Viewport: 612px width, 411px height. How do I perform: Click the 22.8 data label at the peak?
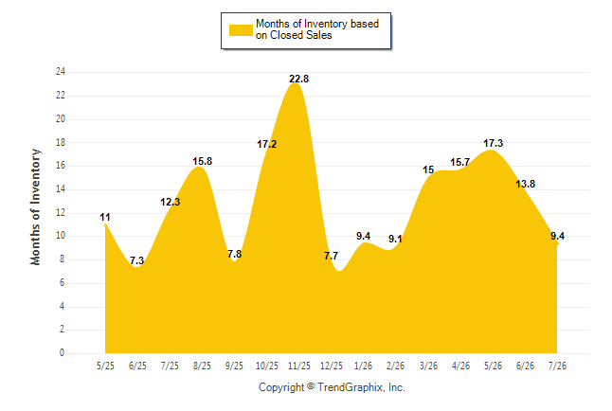point(298,79)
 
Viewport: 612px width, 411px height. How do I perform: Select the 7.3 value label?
point(136,260)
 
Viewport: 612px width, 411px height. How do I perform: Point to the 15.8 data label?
point(202,161)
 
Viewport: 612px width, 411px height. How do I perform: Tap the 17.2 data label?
point(266,144)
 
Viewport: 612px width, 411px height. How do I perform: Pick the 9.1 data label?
point(395,239)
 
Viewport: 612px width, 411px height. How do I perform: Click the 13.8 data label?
point(525,184)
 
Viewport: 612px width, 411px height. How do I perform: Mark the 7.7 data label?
point(331,256)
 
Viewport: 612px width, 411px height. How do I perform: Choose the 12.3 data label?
point(171,202)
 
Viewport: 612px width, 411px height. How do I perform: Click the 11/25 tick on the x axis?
point(299,366)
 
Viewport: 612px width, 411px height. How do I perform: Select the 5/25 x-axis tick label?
point(105,366)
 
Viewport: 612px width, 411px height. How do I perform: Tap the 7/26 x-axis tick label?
point(557,366)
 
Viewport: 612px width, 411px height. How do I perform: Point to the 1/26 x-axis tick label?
point(364,366)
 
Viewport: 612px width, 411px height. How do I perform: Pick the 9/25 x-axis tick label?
point(234,366)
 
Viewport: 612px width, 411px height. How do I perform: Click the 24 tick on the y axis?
point(61,72)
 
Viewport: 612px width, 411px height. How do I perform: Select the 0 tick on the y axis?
point(62,353)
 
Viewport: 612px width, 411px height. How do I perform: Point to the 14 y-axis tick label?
point(61,189)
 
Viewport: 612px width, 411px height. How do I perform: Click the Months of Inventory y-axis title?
point(35,206)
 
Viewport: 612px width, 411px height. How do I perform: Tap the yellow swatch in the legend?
point(241,30)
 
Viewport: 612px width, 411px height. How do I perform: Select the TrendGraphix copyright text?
point(332,387)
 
